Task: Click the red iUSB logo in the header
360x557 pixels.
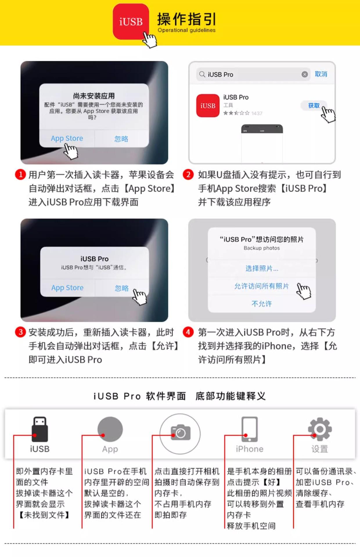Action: [131, 21]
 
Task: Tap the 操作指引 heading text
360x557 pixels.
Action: [186, 19]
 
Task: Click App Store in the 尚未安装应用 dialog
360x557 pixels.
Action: [67, 138]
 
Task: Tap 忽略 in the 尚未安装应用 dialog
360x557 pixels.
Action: [121, 139]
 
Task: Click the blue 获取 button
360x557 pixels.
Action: [314, 106]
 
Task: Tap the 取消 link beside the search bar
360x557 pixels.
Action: [321, 74]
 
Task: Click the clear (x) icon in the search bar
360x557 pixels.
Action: [305, 75]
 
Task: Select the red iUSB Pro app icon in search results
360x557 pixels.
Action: [208, 106]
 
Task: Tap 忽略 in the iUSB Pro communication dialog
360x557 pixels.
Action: [122, 288]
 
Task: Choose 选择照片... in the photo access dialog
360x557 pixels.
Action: [262, 268]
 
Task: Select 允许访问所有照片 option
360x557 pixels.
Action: [262, 286]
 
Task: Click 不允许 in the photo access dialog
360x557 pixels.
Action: [262, 304]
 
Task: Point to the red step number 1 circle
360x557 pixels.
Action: [20, 174]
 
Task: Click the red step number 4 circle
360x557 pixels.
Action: [188, 332]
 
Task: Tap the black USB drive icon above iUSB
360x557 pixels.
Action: [40, 429]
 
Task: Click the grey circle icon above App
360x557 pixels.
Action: [110, 429]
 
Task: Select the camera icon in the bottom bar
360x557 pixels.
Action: [180, 433]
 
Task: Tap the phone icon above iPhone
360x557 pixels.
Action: [249, 429]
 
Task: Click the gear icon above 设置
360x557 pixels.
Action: [320, 429]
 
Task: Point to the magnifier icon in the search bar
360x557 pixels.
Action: [202, 75]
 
